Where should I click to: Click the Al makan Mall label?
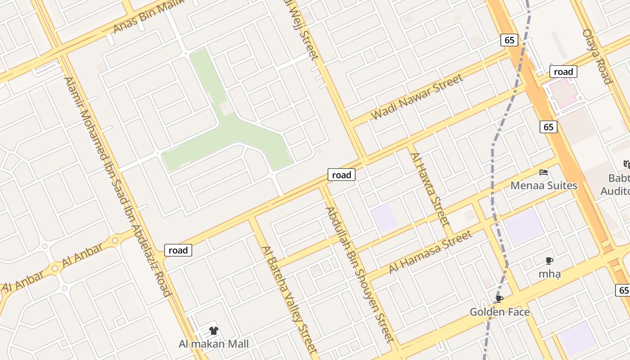coord(214,344)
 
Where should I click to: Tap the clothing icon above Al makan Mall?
coord(214,331)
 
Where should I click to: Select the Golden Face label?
coord(499,312)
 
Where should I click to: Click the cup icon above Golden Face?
coord(499,299)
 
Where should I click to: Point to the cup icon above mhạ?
coord(549,261)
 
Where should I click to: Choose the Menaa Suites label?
coord(544,185)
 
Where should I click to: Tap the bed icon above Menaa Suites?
coord(544,172)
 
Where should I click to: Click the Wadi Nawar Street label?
coord(417,97)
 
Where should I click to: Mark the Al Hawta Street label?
coord(430,189)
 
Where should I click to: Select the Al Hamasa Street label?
coord(431,252)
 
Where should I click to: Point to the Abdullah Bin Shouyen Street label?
coord(360,274)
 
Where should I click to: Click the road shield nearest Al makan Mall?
coord(178,250)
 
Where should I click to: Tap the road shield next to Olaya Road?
coord(563,72)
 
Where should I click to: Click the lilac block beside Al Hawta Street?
coord(384,218)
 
